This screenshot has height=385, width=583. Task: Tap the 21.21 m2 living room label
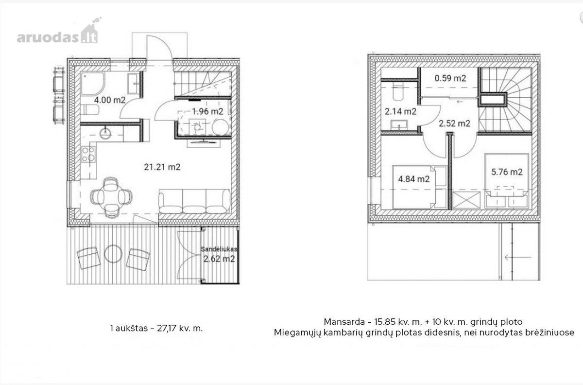(x=162, y=167)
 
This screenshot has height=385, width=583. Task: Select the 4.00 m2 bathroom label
(x=110, y=100)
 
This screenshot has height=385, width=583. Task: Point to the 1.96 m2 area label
(x=208, y=111)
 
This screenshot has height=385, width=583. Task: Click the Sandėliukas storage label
(x=219, y=249)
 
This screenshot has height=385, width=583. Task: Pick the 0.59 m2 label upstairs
(x=450, y=78)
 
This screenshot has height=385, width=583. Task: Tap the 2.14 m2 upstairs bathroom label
(x=400, y=111)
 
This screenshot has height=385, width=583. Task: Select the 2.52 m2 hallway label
(x=454, y=123)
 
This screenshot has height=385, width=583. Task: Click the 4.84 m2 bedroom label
(x=414, y=179)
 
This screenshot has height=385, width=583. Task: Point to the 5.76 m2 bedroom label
(x=507, y=172)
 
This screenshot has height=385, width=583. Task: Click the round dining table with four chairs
(x=111, y=197)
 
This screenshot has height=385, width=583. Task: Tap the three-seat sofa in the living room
(x=194, y=201)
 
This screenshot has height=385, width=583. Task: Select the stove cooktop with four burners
(x=88, y=154)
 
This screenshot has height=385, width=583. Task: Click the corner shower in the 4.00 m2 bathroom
(x=92, y=83)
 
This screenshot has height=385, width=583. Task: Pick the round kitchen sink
(x=105, y=133)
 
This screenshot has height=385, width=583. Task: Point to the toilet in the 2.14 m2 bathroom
(x=398, y=92)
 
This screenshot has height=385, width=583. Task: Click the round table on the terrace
(x=113, y=253)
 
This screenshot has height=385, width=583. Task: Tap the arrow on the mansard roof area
(x=518, y=258)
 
